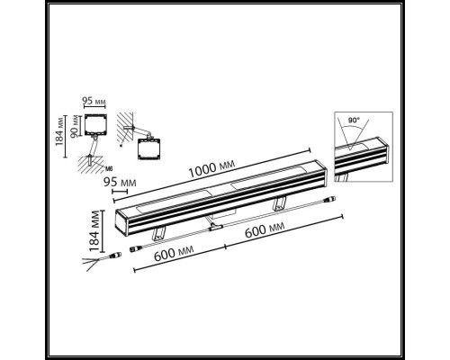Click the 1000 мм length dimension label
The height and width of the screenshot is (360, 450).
[211, 169]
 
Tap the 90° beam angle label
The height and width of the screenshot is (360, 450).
[354, 121]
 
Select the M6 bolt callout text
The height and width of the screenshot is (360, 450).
[109, 169]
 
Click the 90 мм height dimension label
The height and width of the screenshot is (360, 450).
[75, 126]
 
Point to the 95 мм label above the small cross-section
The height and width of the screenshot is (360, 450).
[94, 101]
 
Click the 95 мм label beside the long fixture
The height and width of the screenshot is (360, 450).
[120, 182]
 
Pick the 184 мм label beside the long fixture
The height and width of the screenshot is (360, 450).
[94, 230]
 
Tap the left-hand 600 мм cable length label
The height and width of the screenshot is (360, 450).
[174, 253]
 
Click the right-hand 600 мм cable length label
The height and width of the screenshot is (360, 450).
[265, 229]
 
